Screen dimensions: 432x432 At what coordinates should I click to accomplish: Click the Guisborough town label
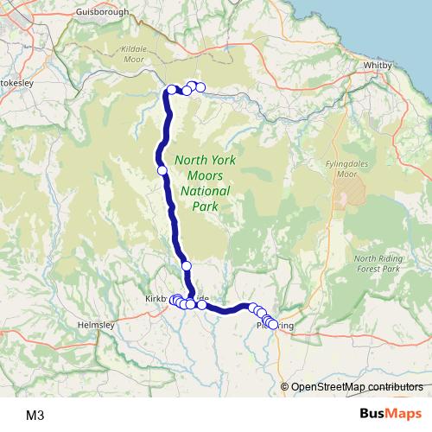102,12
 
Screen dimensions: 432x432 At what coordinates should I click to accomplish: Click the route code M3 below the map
35,415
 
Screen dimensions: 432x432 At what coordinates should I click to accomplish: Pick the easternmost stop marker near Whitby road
200,86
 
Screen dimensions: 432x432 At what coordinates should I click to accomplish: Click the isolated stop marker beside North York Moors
162,170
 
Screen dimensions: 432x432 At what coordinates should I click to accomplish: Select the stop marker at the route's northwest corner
171,89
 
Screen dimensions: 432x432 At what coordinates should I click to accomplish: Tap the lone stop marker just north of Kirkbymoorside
186,265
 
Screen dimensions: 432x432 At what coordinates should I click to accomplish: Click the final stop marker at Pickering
273,325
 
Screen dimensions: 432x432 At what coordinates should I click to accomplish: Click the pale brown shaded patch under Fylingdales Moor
345,197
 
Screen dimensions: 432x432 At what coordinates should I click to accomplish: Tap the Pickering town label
276,326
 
